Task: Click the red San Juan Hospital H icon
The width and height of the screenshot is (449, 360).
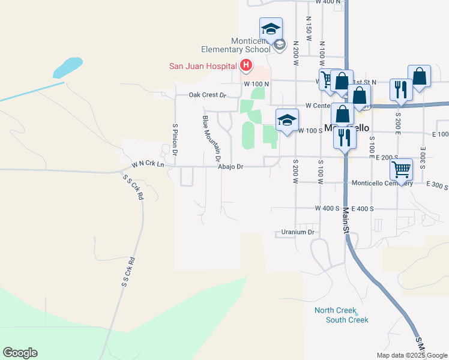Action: click(x=246, y=65)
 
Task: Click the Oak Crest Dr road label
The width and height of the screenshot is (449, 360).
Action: click(x=206, y=95)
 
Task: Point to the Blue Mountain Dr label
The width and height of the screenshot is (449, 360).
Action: click(x=210, y=138)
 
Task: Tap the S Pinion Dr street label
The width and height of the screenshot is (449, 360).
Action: click(x=175, y=140)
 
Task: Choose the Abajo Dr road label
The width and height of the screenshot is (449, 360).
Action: click(x=231, y=167)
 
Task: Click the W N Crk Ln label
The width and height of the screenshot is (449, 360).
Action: click(x=148, y=164)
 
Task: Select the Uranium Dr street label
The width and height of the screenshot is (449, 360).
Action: click(x=298, y=232)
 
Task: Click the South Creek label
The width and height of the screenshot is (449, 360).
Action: click(x=346, y=320)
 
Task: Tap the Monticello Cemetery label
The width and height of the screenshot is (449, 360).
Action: click(x=382, y=183)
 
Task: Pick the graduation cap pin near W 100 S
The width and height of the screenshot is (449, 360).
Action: click(x=287, y=119)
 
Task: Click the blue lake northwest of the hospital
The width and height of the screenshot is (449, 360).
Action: click(x=67, y=67)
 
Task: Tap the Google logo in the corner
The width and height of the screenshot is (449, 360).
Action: click(x=20, y=353)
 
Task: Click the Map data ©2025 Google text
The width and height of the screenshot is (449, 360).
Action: click(x=412, y=355)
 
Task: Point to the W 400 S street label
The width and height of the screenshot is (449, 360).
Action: click(x=328, y=208)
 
